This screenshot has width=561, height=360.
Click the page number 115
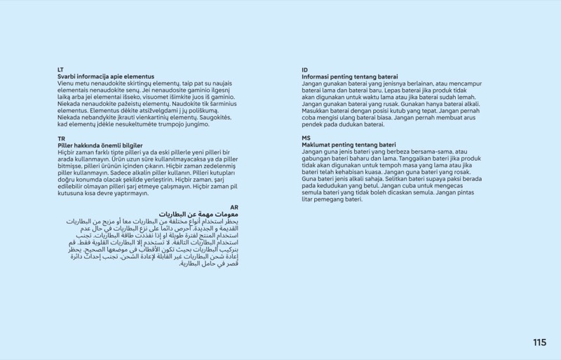point(539,342)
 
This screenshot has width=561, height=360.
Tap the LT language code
point(60,69)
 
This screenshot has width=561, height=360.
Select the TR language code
point(61,139)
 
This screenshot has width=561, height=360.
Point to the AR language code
point(234,207)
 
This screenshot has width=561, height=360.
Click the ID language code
point(304,69)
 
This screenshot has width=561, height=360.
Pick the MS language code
point(306,138)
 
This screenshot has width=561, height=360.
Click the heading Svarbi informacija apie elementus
point(106,76)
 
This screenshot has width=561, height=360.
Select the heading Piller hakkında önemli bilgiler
point(100,145)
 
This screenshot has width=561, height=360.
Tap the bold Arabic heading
point(198,214)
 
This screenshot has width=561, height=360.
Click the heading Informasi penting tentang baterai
point(350,76)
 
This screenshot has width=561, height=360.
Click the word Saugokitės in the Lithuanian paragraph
point(215,117)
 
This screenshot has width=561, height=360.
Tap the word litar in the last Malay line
point(308,199)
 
